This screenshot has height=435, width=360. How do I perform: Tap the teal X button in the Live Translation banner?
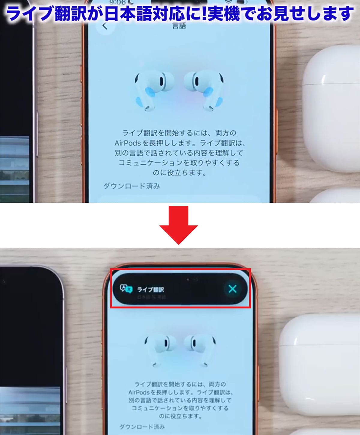(232, 289)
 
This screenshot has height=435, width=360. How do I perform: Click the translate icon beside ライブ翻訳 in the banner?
(126, 289)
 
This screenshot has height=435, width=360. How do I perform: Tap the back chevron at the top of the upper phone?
(105, 26)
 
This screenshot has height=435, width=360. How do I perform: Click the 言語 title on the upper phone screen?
(179, 26)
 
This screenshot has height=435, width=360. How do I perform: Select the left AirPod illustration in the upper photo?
(151, 90)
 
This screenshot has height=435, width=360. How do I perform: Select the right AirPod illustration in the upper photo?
(205, 90)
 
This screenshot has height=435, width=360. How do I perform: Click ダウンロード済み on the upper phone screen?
(132, 186)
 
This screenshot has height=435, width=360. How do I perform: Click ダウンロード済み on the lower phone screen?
(142, 427)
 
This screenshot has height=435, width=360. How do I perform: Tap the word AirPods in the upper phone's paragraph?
(127, 143)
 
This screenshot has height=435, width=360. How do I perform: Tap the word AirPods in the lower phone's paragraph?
(139, 392)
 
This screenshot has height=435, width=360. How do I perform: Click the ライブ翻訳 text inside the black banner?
(151, 290)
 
